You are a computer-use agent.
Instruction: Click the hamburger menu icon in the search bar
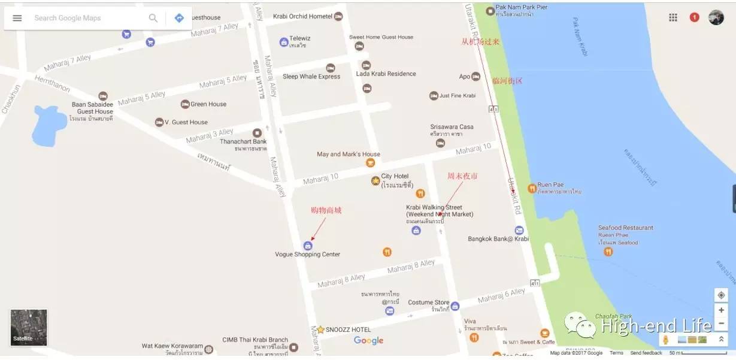[x=17, y=18]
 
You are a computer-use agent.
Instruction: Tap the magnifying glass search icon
[x=153, y=18]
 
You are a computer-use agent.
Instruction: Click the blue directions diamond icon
[x=179, y=18]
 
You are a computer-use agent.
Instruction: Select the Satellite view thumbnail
[x=29, y=327]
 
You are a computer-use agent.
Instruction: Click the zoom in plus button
[x=721, y=310]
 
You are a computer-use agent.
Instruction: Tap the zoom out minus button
[x=721, y=323]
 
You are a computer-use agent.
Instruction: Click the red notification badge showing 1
[x=694, y=17]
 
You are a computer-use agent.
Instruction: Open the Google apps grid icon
[x=673, y=17]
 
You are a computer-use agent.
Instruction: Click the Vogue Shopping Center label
[x=307, y=255]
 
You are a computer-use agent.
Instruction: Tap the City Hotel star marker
[x=375, y=180]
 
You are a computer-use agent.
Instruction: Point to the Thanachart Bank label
[x=243, y=142]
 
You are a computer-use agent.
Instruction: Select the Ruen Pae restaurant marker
[x=532, y=188]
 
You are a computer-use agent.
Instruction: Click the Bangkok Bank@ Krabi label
[x=498, y=239]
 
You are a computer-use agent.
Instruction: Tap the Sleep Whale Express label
[x=311, y=77]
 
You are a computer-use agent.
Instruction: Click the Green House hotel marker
[x=185, y=104]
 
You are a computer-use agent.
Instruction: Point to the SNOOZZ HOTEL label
[x=348, y=329]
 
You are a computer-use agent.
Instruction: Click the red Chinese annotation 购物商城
[x=326, y=210]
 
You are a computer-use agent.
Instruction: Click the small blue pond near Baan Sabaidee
[x=49, y=126]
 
